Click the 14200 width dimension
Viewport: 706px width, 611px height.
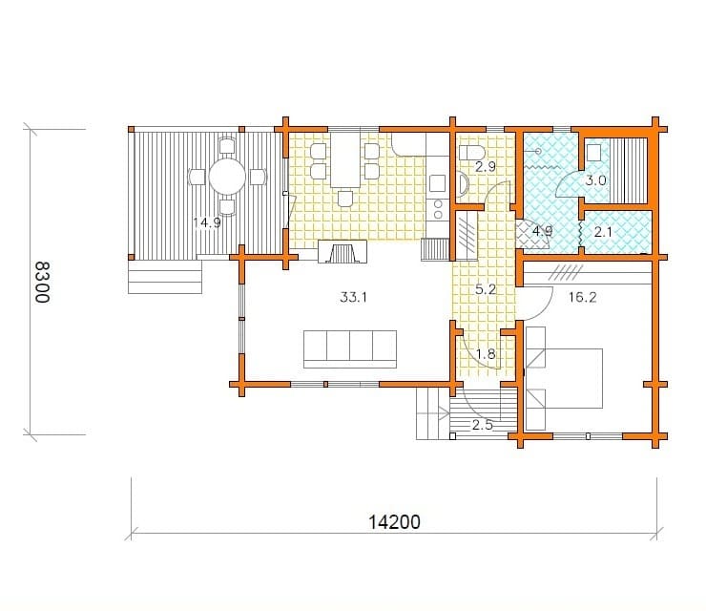point(394,522)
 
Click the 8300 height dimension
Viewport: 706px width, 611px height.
point(43,282)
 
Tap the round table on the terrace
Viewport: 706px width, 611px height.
point(227,177)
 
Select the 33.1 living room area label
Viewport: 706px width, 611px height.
point(353,297)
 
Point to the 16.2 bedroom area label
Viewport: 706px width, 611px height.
point(583,297)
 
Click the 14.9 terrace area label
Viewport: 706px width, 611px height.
point(207,222)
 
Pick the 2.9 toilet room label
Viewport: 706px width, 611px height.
point(486,167)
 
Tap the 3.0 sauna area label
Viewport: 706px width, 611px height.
point(595,180)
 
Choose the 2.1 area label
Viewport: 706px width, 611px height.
point(603,232)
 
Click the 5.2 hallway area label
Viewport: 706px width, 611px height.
point(486,289)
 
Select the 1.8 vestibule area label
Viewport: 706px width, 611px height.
point(486,354)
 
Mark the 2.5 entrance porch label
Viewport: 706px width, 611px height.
point(482,425)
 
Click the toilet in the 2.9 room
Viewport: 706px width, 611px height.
point(470,153)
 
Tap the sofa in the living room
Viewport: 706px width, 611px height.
point(350,349)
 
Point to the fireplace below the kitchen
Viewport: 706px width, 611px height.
point(343,251)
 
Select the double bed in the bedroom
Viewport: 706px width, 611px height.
point(564,378)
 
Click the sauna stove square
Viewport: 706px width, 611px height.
point(593,153)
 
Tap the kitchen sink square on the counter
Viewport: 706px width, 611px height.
point(438,183)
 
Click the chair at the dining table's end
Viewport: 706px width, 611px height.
point(345,199)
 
